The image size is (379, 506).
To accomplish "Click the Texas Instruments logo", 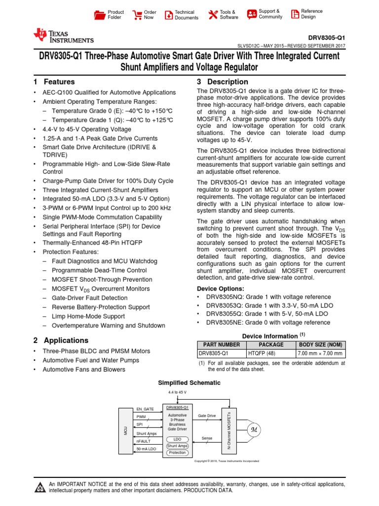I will click(63, 35).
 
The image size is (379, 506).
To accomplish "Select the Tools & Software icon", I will click(213, 15).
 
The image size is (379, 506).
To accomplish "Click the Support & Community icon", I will click(252, 14).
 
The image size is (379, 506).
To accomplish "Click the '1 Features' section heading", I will click(54, 82).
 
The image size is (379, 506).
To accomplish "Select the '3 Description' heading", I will click(223, 82).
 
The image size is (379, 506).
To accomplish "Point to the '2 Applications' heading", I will click(61, 340).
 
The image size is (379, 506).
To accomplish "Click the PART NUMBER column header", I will click(222, 344).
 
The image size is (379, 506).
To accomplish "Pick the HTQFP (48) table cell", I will click(270, 354).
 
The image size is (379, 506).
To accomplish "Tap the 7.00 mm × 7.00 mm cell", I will click(321, 354).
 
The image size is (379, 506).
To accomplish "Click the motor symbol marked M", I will click(255, 429).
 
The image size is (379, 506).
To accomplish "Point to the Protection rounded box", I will click(177, 453).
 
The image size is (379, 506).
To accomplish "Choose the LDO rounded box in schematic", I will click(177, 439).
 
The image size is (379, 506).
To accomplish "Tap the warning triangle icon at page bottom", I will click(39, 488).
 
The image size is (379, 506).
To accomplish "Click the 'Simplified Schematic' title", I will click(189, 383).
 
